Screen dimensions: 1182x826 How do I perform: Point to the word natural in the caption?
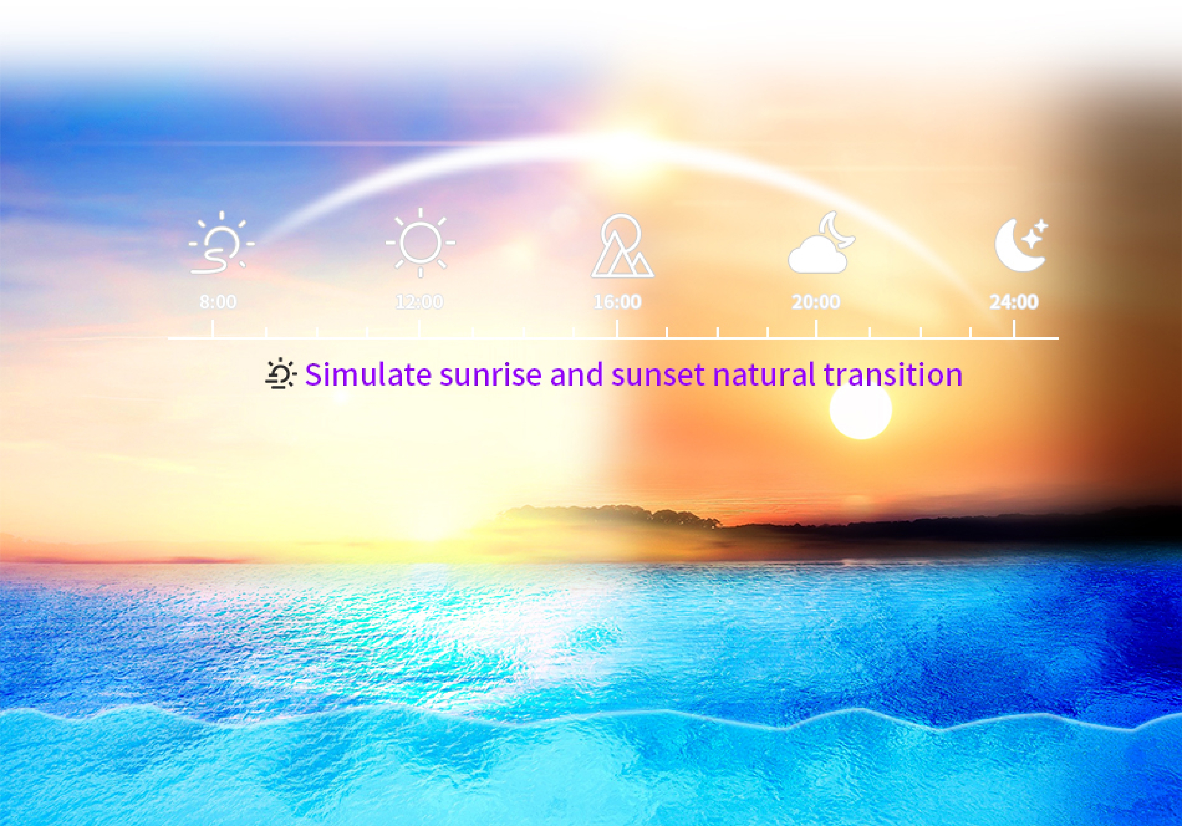point(764,374)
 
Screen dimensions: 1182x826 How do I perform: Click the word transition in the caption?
point(893,374)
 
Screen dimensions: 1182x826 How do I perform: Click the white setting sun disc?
point(860,410)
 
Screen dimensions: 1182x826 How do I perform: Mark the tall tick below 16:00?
point(617,329)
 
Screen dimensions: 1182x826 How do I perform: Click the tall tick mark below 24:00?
point(1014,329)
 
